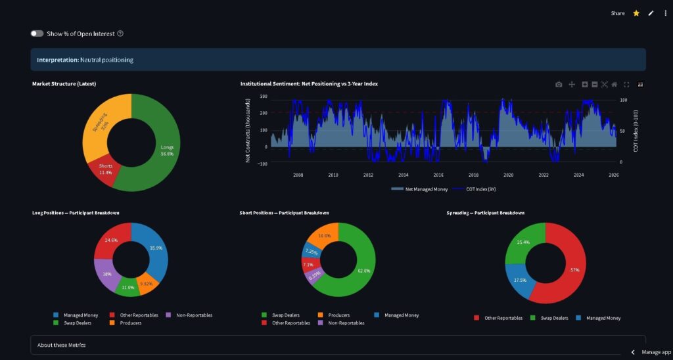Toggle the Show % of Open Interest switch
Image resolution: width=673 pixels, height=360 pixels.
pos(37,34)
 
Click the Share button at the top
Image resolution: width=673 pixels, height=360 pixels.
pos(617,13)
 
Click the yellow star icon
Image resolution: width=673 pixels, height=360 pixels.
pos(636,13)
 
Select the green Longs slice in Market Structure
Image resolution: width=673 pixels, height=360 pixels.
pos(161,151)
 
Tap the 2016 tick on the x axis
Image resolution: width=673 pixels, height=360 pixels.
pos(438,175)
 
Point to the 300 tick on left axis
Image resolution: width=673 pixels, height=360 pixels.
pos(263,97)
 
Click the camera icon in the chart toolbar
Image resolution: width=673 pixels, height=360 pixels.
pos(559,85)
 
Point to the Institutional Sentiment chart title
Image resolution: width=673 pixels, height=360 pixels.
pos(309,84)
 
